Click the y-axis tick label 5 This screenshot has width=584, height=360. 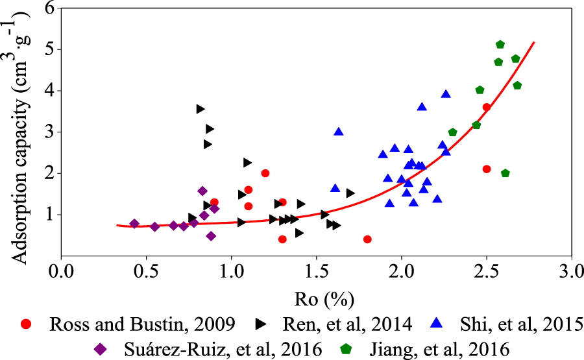pos(48,49)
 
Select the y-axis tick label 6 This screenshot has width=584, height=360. pos(48,8)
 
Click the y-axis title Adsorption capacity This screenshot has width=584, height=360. pos(19,133)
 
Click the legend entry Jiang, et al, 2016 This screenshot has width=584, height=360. pos(429,348)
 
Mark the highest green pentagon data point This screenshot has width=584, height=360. pos(500,45)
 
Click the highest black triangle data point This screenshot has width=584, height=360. pos(201,109)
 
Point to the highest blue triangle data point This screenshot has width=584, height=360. pos(446,94)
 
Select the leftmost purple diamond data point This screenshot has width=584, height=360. pos(134,224)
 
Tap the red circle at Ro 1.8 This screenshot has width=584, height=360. pos(367,239)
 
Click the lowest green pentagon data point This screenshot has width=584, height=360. pos(505,173)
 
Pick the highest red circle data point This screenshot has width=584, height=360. pos(487,107)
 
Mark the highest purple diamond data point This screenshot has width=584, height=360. pos(202,191)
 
